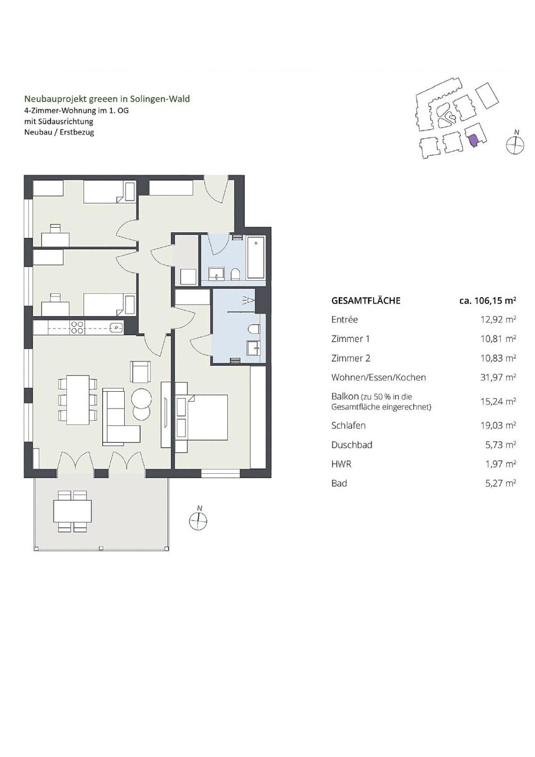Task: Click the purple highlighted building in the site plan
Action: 473,140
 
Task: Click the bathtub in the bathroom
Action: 256,258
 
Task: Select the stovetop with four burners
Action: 77,327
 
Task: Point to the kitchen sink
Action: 116,327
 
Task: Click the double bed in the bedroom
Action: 201,417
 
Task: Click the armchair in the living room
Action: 141,372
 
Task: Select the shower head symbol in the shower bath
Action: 249,300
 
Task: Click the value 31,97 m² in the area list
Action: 498,377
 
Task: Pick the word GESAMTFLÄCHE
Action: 366,301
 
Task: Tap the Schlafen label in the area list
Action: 348,425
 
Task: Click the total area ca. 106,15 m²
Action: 488,300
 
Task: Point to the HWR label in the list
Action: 341,464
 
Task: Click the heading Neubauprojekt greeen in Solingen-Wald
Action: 107,99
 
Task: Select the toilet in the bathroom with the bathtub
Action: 235,274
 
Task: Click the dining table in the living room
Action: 78,400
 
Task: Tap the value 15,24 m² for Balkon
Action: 498,401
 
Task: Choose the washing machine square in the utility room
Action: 188,277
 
